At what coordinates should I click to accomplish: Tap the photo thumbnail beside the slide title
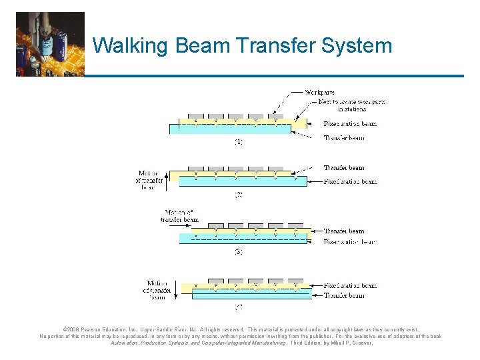(x=51, y=44)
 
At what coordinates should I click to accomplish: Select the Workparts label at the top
(x=319, y=91)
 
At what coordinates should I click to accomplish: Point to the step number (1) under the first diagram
(x=238, y=141)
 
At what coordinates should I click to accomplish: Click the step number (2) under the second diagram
(x=238, y=195)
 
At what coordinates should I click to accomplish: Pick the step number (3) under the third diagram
(x=238, y=252)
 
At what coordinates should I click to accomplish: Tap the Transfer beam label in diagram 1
(x=344, y=138)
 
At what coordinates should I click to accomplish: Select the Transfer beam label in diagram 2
(x=344, y=168)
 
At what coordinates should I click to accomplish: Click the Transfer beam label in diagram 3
(x=344, y=231)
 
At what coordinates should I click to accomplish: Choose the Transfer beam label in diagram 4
(x=344, y=295)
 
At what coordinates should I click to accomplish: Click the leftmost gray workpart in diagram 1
(x=195, y=116)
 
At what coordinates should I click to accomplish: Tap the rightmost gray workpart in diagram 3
(x=295, y=225)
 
